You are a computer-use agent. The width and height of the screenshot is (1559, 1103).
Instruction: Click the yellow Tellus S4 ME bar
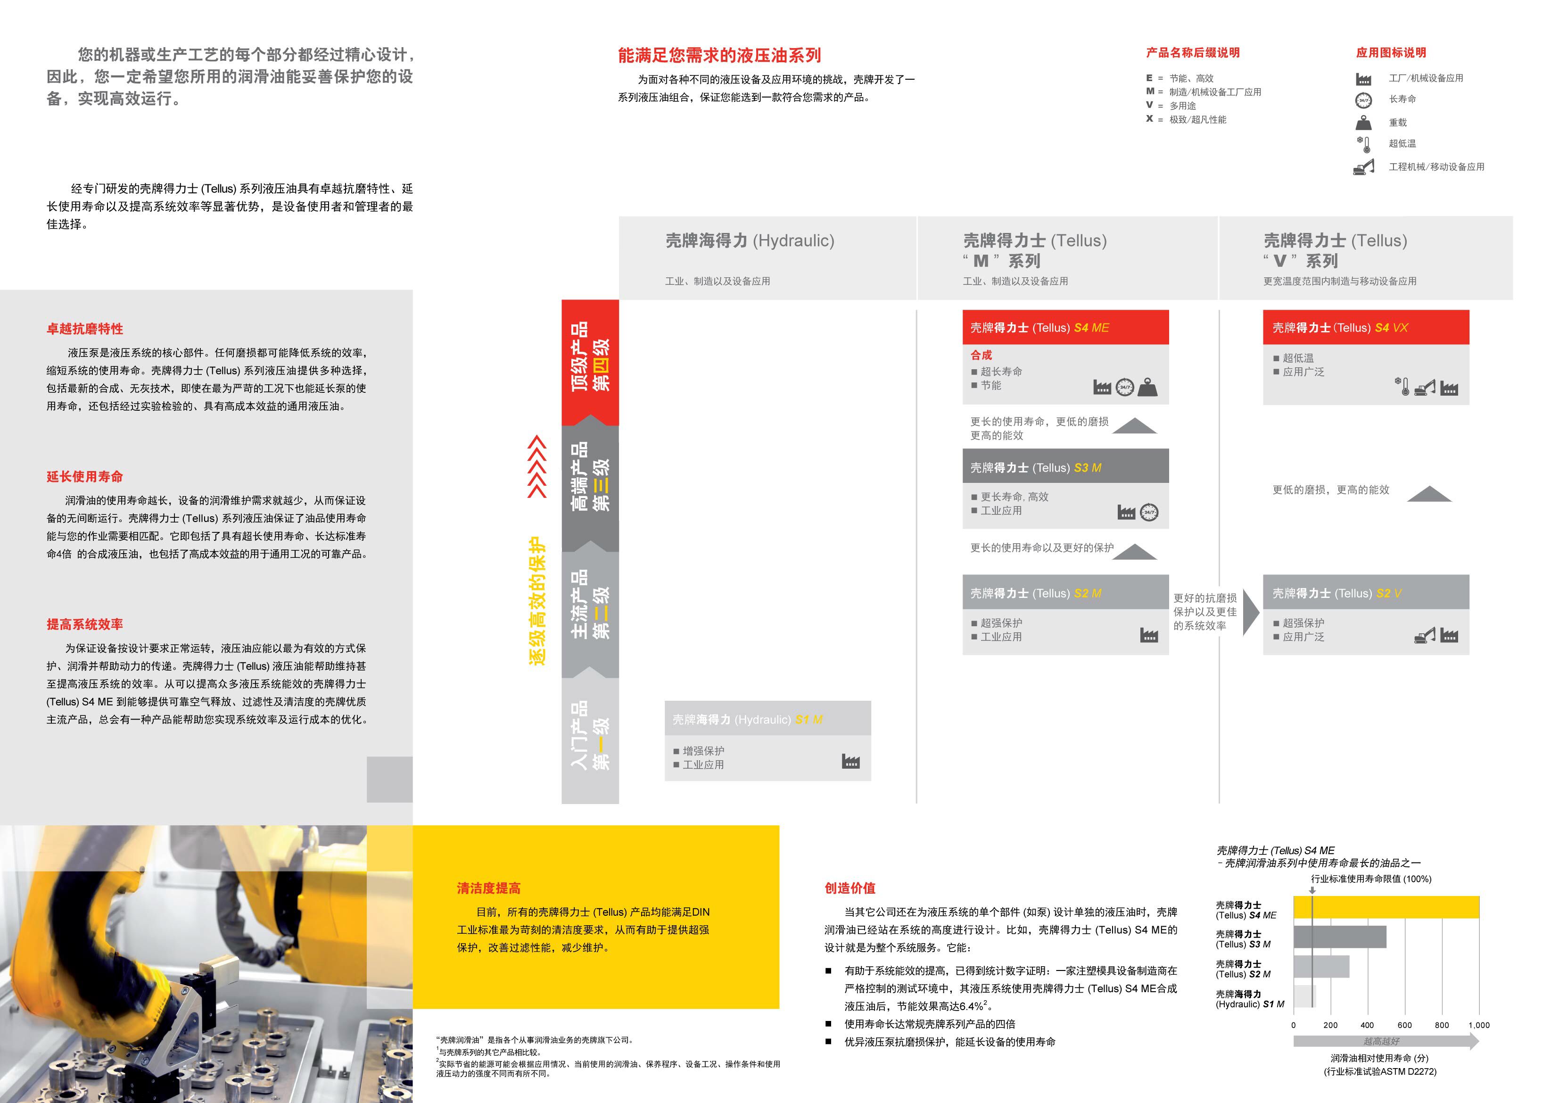[1385, 907]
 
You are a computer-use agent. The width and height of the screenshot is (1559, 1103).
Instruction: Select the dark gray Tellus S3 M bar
[1339, 937]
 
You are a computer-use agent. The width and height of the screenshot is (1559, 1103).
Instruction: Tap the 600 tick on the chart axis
[1404, 1025]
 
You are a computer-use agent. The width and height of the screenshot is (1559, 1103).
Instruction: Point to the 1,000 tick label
[1478, 1025]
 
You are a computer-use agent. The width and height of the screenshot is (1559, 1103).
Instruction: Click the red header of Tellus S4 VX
[1366, 327]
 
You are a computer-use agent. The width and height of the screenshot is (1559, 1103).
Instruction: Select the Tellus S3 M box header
[1064, 467]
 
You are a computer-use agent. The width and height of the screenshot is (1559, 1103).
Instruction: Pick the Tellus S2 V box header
[1366, 593]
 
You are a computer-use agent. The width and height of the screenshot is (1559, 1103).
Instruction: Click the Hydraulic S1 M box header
[767, 719]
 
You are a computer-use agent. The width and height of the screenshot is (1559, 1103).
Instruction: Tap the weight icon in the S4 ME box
[1147, 387]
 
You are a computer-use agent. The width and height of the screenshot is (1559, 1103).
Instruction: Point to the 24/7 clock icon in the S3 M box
[1149, 512]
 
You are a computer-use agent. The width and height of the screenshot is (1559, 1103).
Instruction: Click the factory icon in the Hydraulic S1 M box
[850, 762]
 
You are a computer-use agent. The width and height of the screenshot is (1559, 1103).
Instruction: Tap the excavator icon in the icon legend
[1363, 167]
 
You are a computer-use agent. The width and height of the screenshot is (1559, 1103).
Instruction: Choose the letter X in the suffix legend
[1149, 119]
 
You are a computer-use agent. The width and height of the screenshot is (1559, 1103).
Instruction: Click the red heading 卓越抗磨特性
[85, 329]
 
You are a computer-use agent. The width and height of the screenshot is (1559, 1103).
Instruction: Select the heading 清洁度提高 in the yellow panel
[488, 887]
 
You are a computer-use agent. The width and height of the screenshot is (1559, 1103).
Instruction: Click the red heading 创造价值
[850, 887]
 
